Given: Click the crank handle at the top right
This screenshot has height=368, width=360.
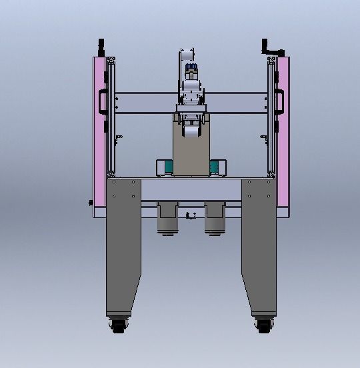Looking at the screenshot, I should tap(273, 49).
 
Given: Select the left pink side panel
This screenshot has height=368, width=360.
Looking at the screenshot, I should tap(99, 133).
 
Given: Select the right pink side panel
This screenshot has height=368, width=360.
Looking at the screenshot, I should tap(282, 133).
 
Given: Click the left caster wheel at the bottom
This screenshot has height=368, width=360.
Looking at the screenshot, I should tap(119, 326).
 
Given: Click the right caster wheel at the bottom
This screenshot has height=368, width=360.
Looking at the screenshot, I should tap(262, 326).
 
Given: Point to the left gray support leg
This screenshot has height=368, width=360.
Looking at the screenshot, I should tap(123, 247).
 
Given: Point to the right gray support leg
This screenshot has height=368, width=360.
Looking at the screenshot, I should tap(259, 247).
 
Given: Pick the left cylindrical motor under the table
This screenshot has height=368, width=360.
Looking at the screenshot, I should tap(167, 219).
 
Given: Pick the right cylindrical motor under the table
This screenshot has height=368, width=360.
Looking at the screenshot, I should tap(214, 219).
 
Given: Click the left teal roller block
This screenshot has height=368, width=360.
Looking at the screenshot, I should tap(165, 167).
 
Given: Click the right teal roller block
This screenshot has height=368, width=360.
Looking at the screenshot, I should tap(217, 167).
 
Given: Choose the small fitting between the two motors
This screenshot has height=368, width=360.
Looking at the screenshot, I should tap(191, 215).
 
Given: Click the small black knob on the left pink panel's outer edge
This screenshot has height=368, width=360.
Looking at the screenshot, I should tap(91, 203).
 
